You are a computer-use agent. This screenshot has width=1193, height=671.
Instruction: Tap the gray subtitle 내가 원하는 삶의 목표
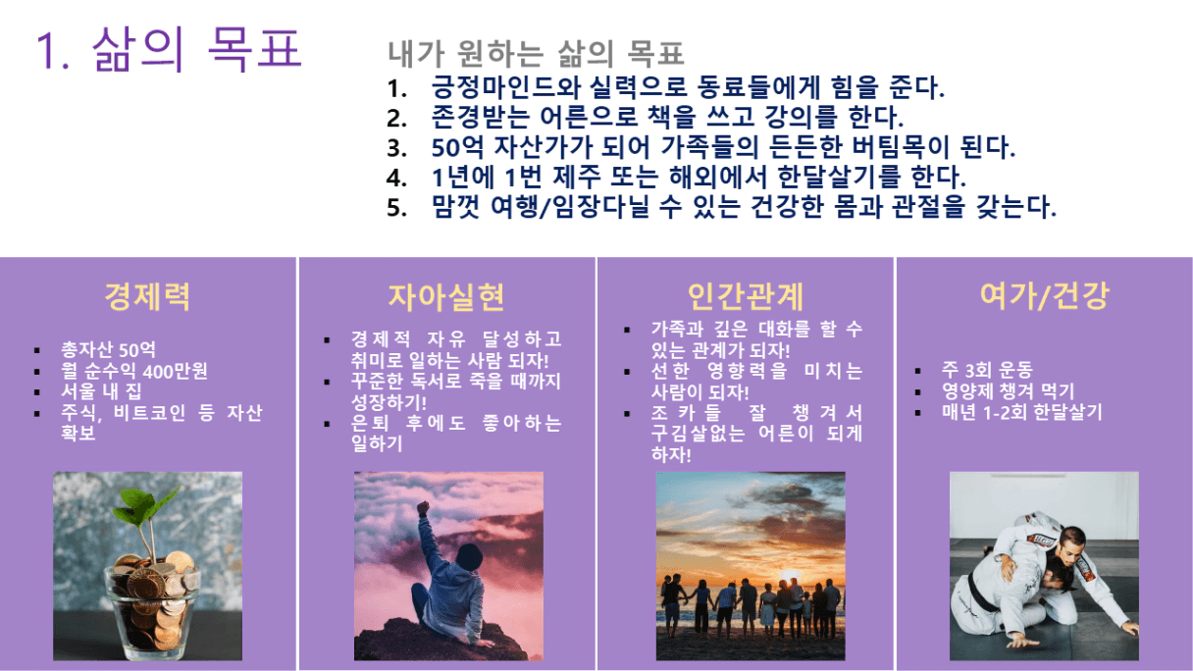pos(536,54)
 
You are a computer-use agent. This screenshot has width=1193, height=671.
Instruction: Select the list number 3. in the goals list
pos(396,148)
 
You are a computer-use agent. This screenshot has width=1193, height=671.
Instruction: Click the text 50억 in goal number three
pos(457,147)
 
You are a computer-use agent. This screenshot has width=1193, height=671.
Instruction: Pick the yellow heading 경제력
pos(147,296)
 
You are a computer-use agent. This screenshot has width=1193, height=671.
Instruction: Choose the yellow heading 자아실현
pos(446,297)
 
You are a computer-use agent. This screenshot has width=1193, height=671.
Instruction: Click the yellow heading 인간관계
pos(746,296)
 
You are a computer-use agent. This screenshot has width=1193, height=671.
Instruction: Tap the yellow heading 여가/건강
pos(1045,296)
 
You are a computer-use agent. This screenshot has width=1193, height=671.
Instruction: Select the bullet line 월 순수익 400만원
pos(134,371)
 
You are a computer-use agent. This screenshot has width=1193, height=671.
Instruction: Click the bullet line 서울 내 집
pos(101,391)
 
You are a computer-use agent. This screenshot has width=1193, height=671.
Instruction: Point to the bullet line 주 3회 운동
pos(987,370)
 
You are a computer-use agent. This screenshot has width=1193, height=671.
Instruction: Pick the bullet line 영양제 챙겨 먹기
pos(1009,390)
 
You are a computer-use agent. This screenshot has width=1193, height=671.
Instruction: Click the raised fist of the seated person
pos(424,507)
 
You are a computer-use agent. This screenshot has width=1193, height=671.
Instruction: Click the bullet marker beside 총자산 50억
pos(36,350)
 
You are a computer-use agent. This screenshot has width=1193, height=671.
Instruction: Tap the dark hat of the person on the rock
pos(469,555)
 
